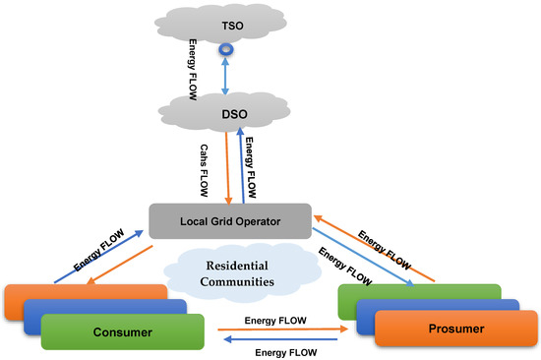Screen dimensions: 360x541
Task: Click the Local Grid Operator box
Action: tap(229, 220)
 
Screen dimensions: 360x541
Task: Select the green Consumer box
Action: tap(122, 332)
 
